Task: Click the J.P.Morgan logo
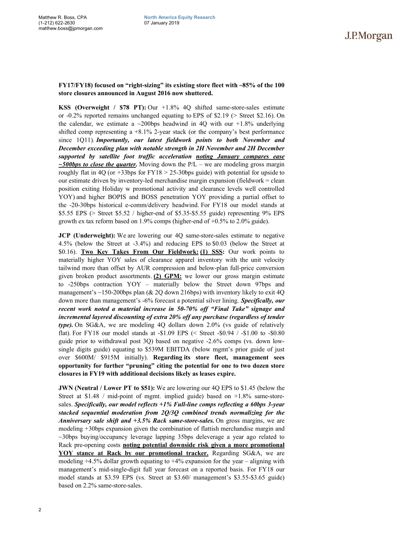369,37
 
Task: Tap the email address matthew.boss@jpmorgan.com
70,28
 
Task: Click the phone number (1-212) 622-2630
57,23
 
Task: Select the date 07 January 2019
162,23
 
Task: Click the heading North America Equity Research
180,17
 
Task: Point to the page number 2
40,509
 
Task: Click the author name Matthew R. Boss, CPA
62,17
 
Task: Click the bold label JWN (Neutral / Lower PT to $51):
106,387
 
